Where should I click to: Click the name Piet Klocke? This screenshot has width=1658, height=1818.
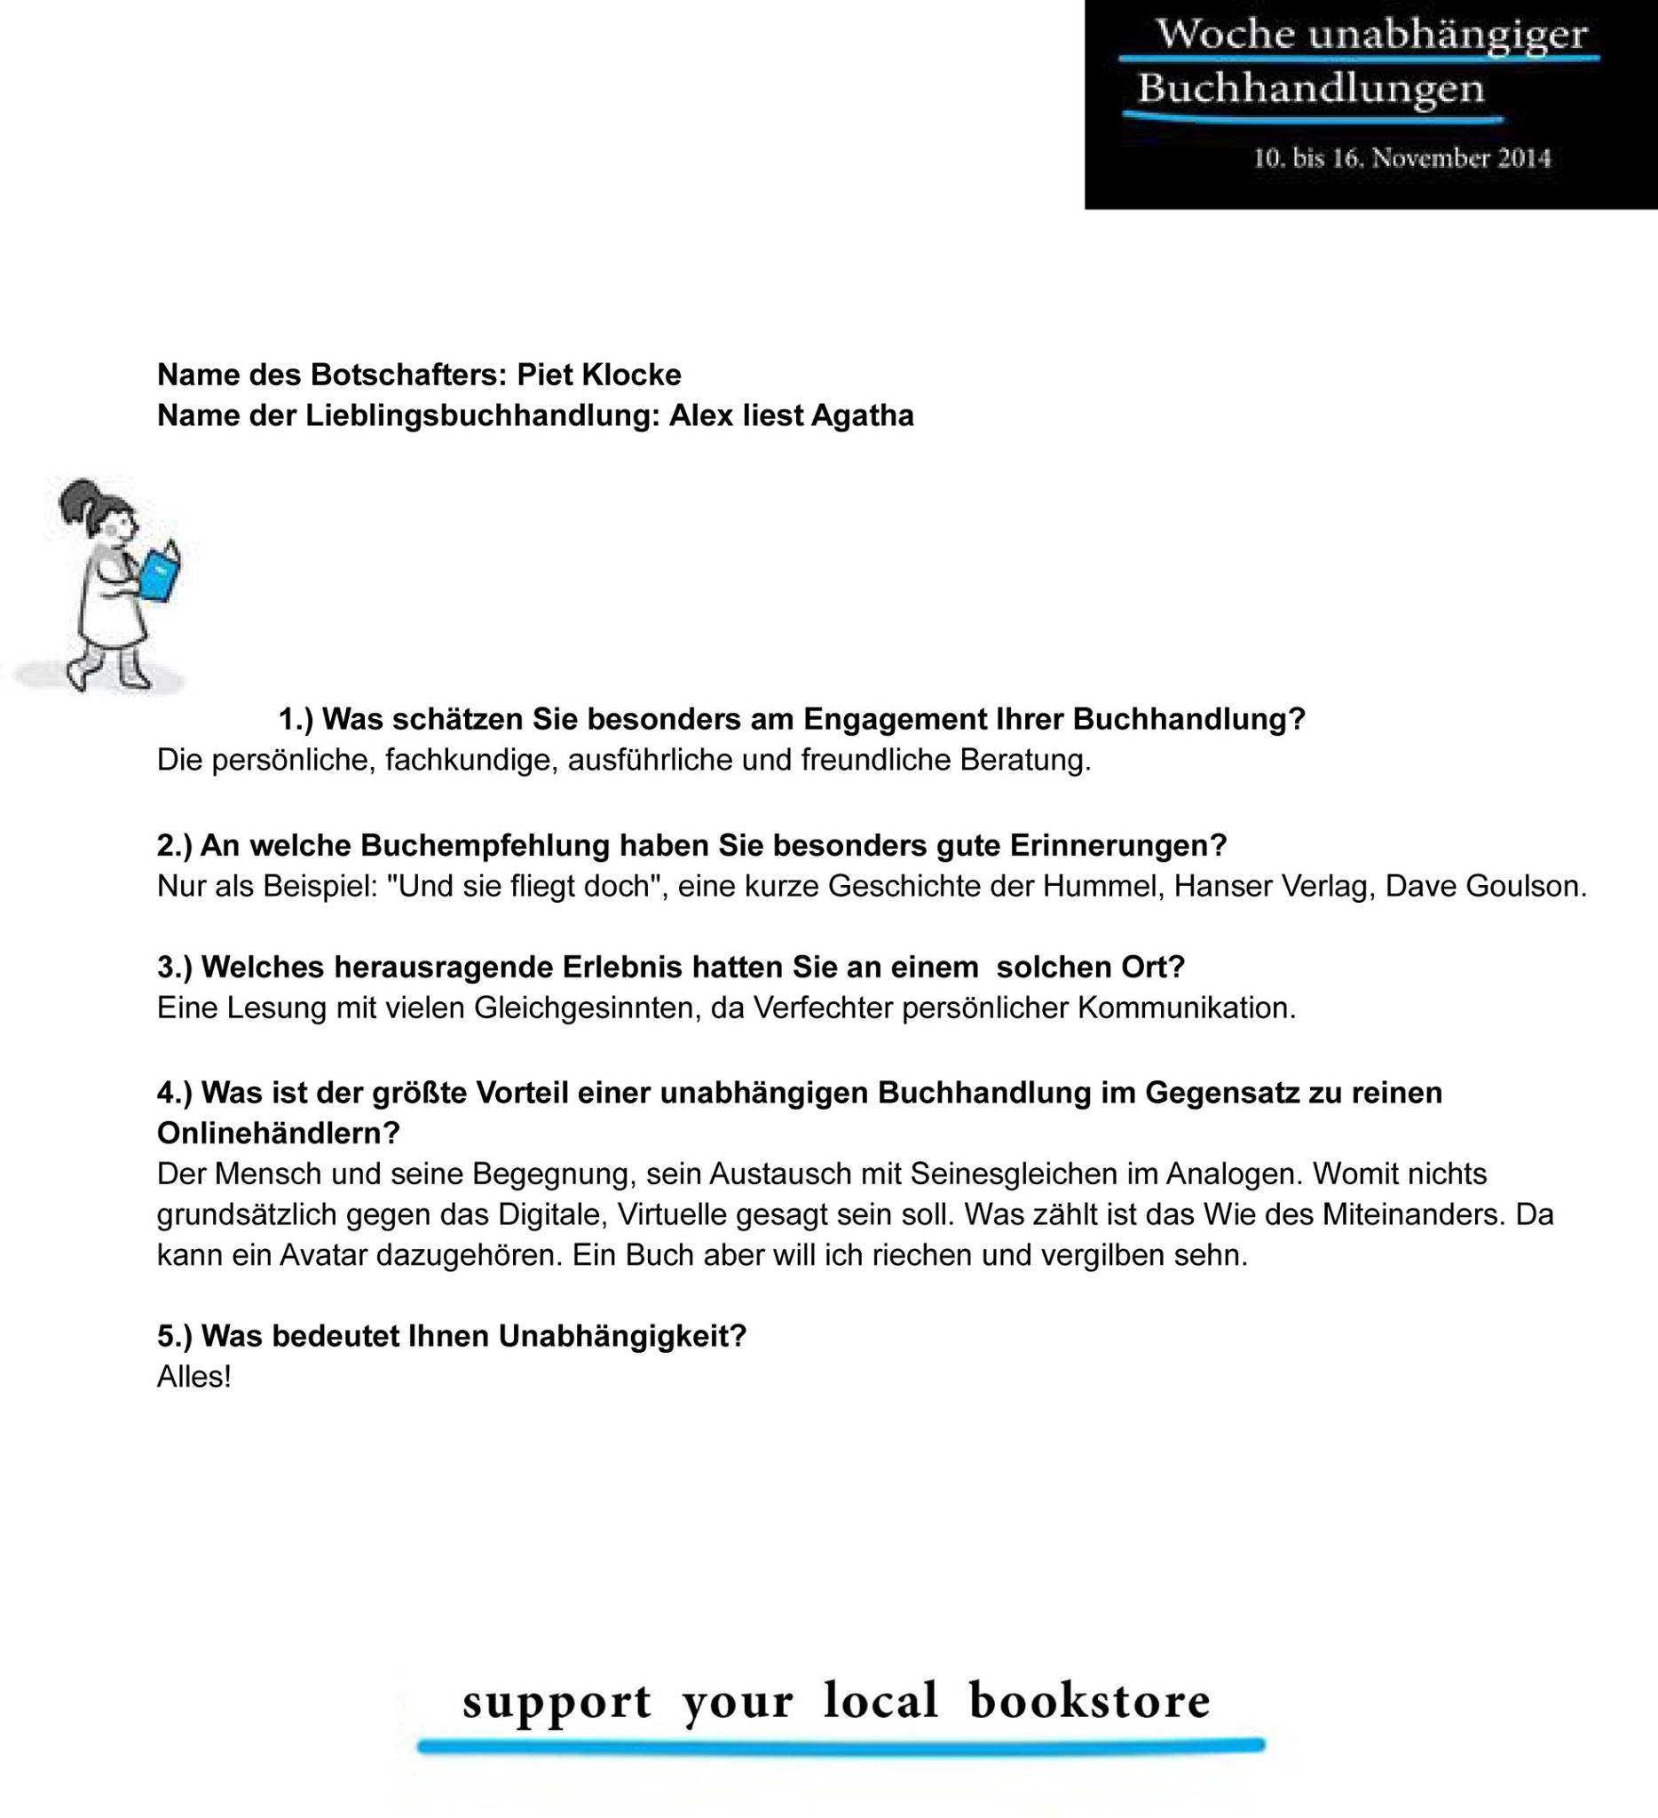pyautogui.click(x=598, y=375)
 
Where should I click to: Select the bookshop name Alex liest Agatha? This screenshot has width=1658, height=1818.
pyautogui.click(x=791, y=415)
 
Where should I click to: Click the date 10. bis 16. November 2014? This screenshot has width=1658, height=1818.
pyautogui.click(x=1402, y=159)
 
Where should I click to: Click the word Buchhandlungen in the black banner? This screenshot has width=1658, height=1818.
pyautogui.click(x=1311, y=90)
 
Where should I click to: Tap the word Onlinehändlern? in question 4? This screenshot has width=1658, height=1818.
pyautogui.click(x=279, y=1133)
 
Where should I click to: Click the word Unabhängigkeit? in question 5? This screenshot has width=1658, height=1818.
pyautogui.click(x=623, y=1337)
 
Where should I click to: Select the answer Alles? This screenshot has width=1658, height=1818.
pyautogui.click(x=193, y=1377)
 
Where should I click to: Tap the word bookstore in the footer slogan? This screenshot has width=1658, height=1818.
pyautogui.click(x=1089, y=1701)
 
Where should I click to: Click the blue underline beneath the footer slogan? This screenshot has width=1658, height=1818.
pyautogui.click(x=841, y=1747)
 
